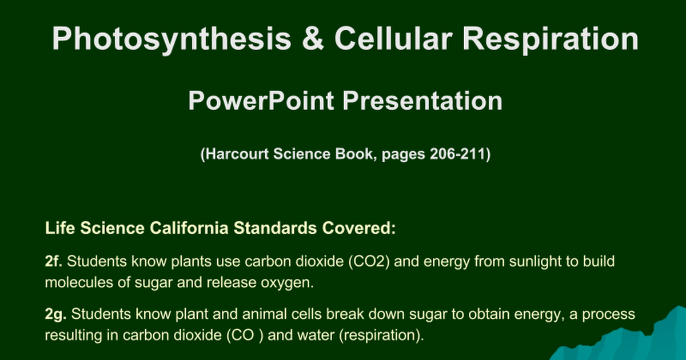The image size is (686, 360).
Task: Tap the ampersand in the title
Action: click(x=313, y=38)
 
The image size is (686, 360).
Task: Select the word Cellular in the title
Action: click(x=393, y=38)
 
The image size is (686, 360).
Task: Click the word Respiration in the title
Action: click(x=551, y=40)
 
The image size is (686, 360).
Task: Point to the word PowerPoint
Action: click(x=261, y=101)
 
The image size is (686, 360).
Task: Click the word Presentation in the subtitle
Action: click(x=422, y=101)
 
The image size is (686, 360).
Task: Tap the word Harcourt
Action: click(x=237, y=154)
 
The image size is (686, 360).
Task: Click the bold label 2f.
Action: click(x=54, y=261)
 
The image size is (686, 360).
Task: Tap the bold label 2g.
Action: click(x=56, y=314)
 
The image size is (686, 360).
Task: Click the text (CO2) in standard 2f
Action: click(x=369, y=262)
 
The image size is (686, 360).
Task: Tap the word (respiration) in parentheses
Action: click(x=382, y=335)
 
